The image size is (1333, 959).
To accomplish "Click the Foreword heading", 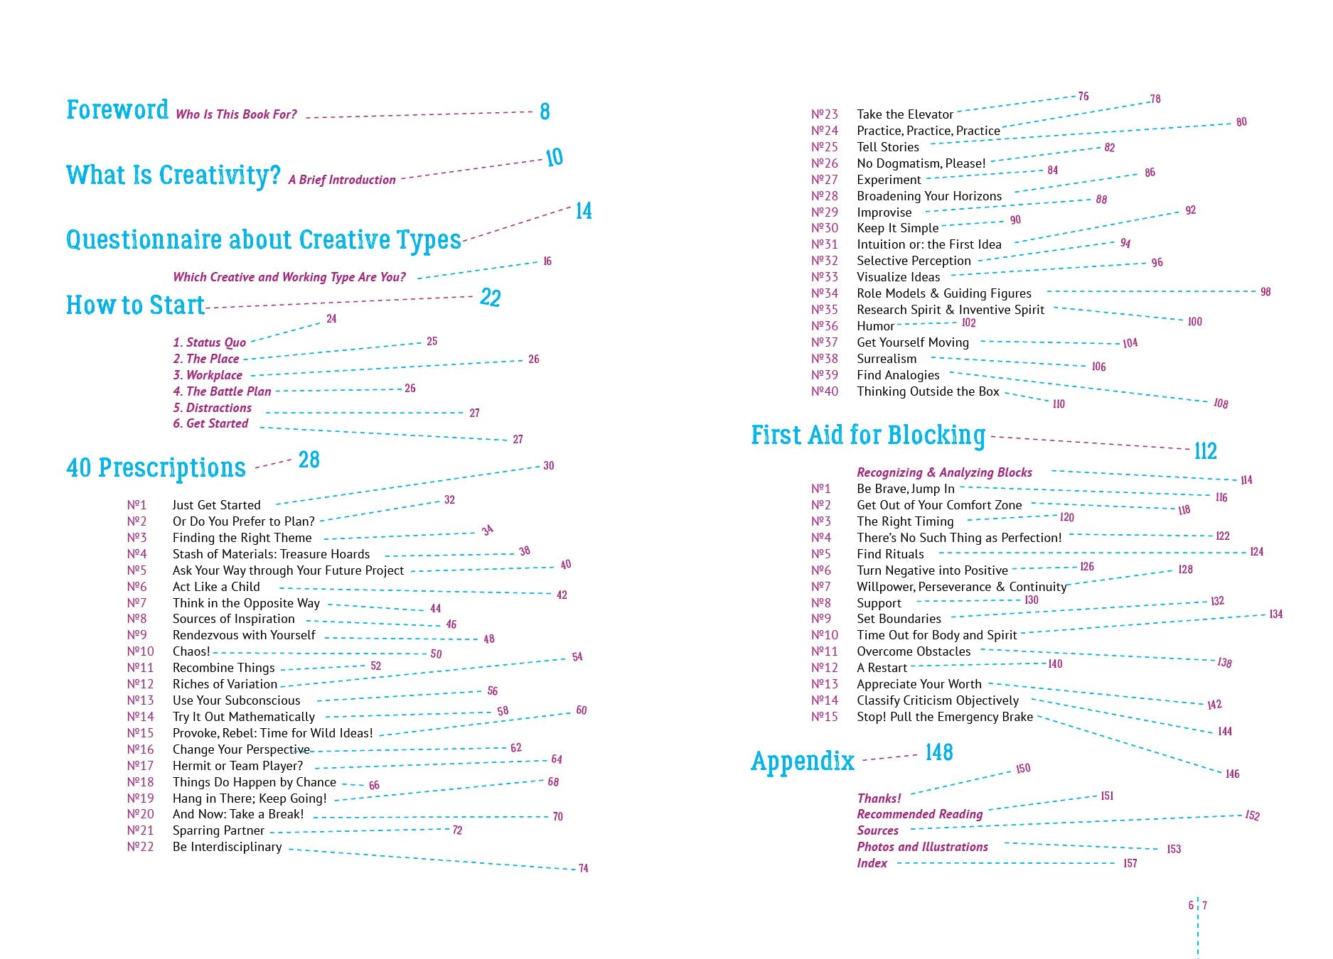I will (x=117, y=110).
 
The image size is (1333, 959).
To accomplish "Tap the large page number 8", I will (x=545, y=112).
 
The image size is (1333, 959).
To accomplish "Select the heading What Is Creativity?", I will (x=173, y=175).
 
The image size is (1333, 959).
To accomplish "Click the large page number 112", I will (x=1205, y=451).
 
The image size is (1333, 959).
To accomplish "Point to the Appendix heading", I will (x=803, y=761).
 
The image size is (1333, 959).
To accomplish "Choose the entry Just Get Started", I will (x=216, y=505).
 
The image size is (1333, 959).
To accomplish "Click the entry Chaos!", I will (x=191, y=651).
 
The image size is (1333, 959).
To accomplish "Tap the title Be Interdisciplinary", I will (x=227, y=847).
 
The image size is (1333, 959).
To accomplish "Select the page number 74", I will (x=583, y=868).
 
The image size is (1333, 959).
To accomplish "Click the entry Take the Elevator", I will (x=904, y=114).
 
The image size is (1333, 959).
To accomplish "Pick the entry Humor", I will (x=875, y=326).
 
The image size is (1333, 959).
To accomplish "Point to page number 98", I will (x=1265, y=292).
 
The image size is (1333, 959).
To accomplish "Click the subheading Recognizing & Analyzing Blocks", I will (x=944, y=472).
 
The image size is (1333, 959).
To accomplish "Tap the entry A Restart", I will (x=882, y=668).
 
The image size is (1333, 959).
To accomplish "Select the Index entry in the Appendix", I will (x=872, y=863).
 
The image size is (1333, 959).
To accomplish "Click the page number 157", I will (x=1130, y=863).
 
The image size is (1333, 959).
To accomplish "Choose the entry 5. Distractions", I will (x=213, y=408).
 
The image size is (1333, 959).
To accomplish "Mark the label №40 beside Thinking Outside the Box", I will (x=825, y=391).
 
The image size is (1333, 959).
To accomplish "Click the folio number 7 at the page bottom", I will (x=1205, y=906).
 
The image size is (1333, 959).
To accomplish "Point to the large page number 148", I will (x=938, y=753).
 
